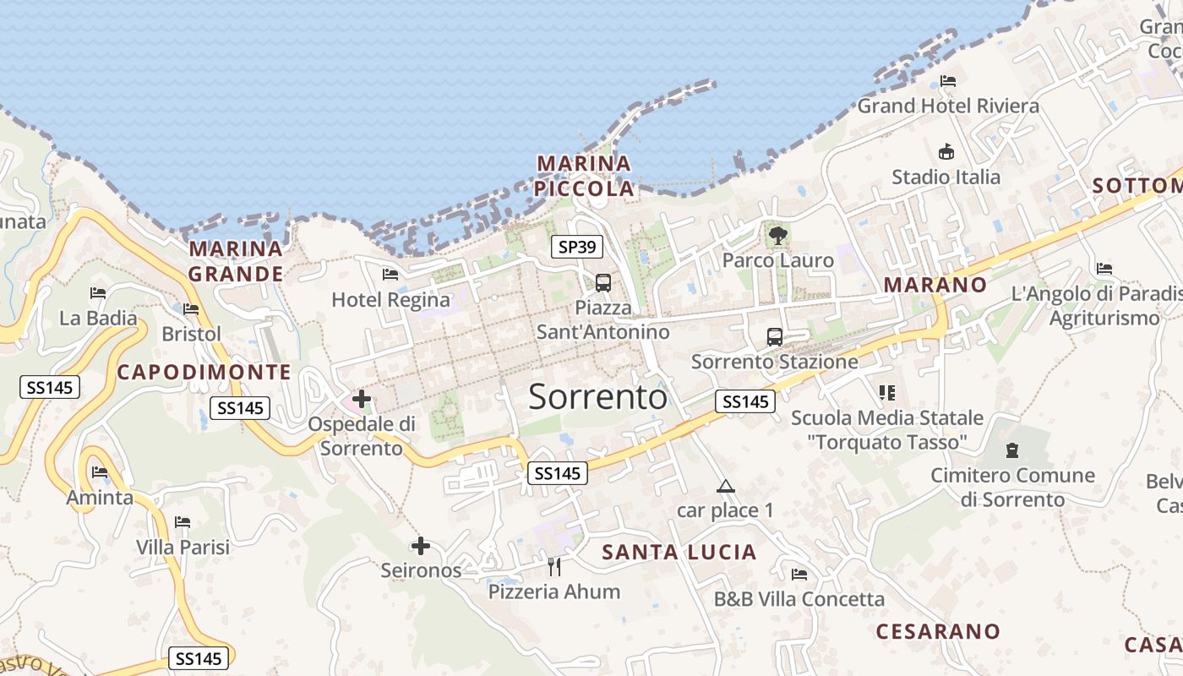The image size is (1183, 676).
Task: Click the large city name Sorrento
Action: click(597, 396)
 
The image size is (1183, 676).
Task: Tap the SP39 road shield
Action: click(577, 247)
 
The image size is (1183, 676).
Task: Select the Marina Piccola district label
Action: click(585, 176)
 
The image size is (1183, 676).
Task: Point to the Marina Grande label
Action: click(236, 261)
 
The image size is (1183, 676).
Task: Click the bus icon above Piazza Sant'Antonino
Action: click(603, 283)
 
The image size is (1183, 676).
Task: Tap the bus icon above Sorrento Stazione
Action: click(775, 337)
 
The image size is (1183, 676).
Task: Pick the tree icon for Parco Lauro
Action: click(777, 236)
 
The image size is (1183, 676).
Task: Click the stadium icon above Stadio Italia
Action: click(946, 152)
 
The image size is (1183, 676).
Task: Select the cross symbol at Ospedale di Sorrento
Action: click(362, 398)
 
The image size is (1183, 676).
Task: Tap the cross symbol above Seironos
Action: click(420, 546)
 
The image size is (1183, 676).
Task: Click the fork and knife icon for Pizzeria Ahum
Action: click(554, 566)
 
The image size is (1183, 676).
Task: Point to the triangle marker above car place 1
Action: click(725, 487)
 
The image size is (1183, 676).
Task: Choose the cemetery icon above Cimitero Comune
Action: click(1012, 450)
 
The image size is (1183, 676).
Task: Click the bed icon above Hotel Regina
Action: click(390, 275)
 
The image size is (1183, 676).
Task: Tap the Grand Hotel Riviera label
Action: click(948, 106)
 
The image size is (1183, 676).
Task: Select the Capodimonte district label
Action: click(204, 372)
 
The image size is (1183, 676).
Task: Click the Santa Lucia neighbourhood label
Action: click(679, 553)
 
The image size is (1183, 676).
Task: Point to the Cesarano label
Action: click(938, 631)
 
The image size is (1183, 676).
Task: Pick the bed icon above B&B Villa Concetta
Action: click(799, 575)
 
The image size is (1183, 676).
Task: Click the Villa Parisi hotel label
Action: click(183, 547)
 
